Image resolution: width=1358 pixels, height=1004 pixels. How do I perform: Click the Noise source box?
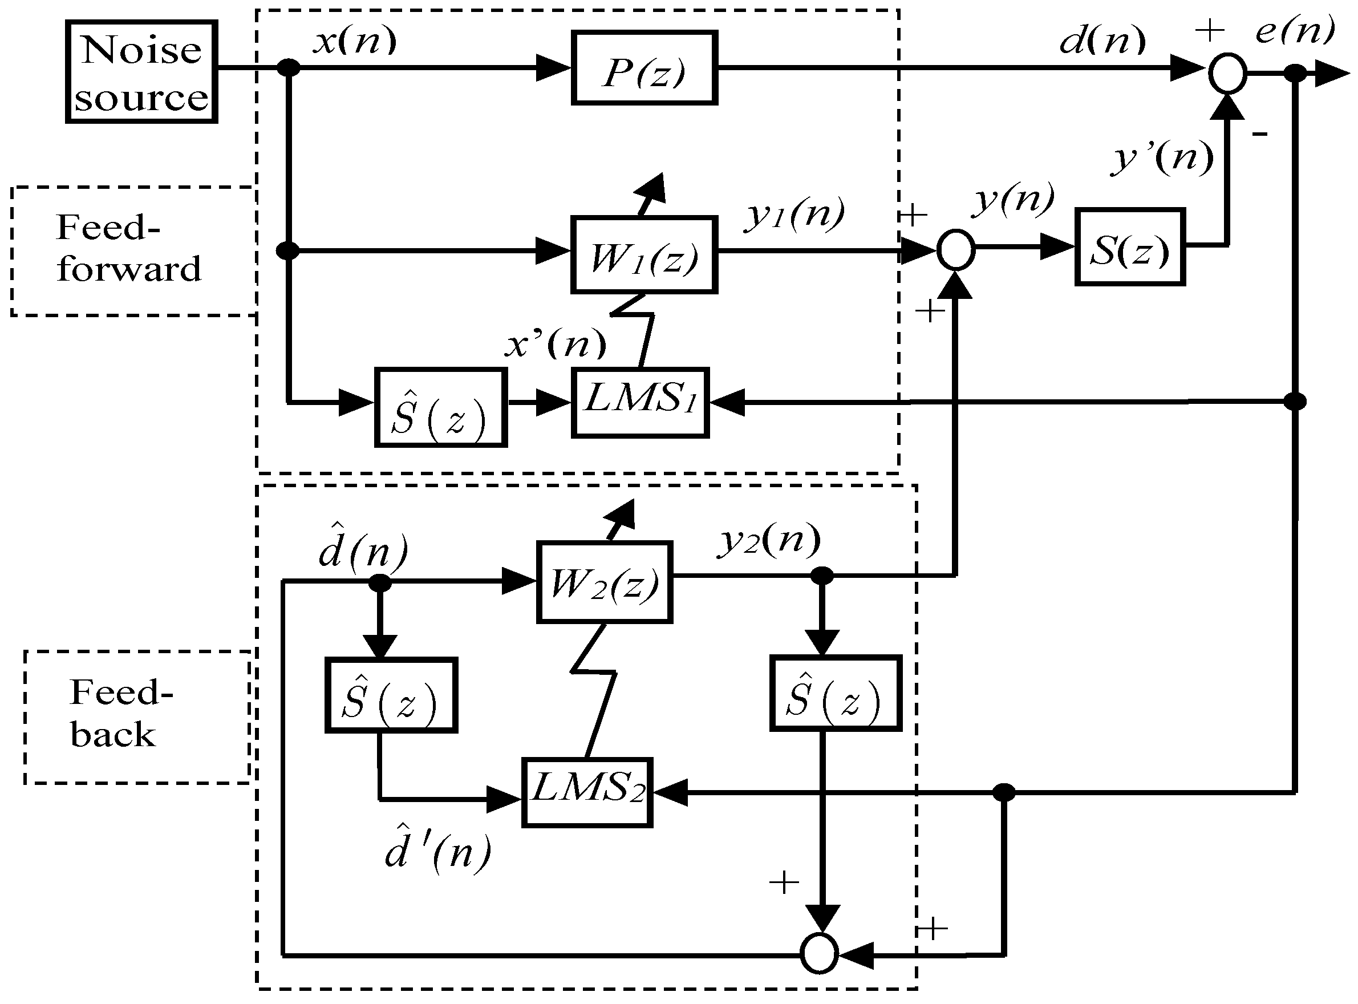click(x=141, y=72)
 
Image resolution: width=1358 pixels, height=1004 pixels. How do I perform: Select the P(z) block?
click(x=644, y=68)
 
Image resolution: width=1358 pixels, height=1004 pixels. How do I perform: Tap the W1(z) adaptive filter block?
click(x=644, y=254)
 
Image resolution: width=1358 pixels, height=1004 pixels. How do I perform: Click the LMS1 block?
click(x=640, y=402)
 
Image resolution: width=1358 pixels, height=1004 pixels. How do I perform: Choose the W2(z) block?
click(x=604, y=582)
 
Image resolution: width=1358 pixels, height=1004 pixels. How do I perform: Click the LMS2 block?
click(x=587, y=792)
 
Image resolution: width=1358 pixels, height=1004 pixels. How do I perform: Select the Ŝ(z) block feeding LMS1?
click(x=440, y=408)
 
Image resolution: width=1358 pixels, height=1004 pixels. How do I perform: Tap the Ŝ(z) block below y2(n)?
click(x=835, y=693)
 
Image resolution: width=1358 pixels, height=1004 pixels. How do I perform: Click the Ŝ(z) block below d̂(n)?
click(x=391, y=695)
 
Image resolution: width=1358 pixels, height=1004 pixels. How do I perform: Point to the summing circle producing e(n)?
click(x=1227, y=74)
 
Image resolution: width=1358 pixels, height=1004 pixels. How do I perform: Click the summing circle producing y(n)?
click(x=955, y=250)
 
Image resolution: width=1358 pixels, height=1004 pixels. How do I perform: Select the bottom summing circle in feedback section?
click(x=819, y=954)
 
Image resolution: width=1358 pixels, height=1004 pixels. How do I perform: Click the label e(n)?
click(x=1294, y=30)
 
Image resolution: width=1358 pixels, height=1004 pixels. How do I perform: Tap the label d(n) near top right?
click(x=1101, y=41)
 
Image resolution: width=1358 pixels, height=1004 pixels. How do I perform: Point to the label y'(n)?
click(x=1162, y=158)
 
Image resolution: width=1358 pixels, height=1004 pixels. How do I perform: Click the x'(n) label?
click(x=556, y=345)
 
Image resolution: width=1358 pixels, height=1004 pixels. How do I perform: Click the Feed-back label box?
click(x=137, y=717)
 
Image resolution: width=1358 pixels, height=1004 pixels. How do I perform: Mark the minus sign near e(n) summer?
click(x=1259, y=134)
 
